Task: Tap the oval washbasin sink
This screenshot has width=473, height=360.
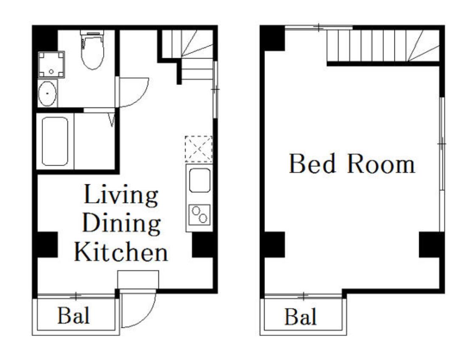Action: (48, 93)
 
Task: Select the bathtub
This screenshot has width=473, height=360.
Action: (55, 141)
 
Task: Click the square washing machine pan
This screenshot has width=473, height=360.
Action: (51, 65)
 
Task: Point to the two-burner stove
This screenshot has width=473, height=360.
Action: (200, 214)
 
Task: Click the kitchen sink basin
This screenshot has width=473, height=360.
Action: (200, 180)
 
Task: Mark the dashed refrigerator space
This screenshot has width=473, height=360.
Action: (198, 149)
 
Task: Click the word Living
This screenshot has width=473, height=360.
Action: (121, 195)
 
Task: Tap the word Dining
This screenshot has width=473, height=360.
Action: (121, 223)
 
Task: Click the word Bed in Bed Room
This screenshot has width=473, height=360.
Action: (312, 163)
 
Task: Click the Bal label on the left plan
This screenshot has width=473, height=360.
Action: (73, 316)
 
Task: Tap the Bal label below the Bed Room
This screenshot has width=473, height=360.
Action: (301, 317)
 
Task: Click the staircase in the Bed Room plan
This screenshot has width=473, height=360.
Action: (383, 45)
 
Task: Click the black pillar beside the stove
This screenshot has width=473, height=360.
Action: (203, 245)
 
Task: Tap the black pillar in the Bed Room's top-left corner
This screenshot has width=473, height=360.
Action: (273, 38)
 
